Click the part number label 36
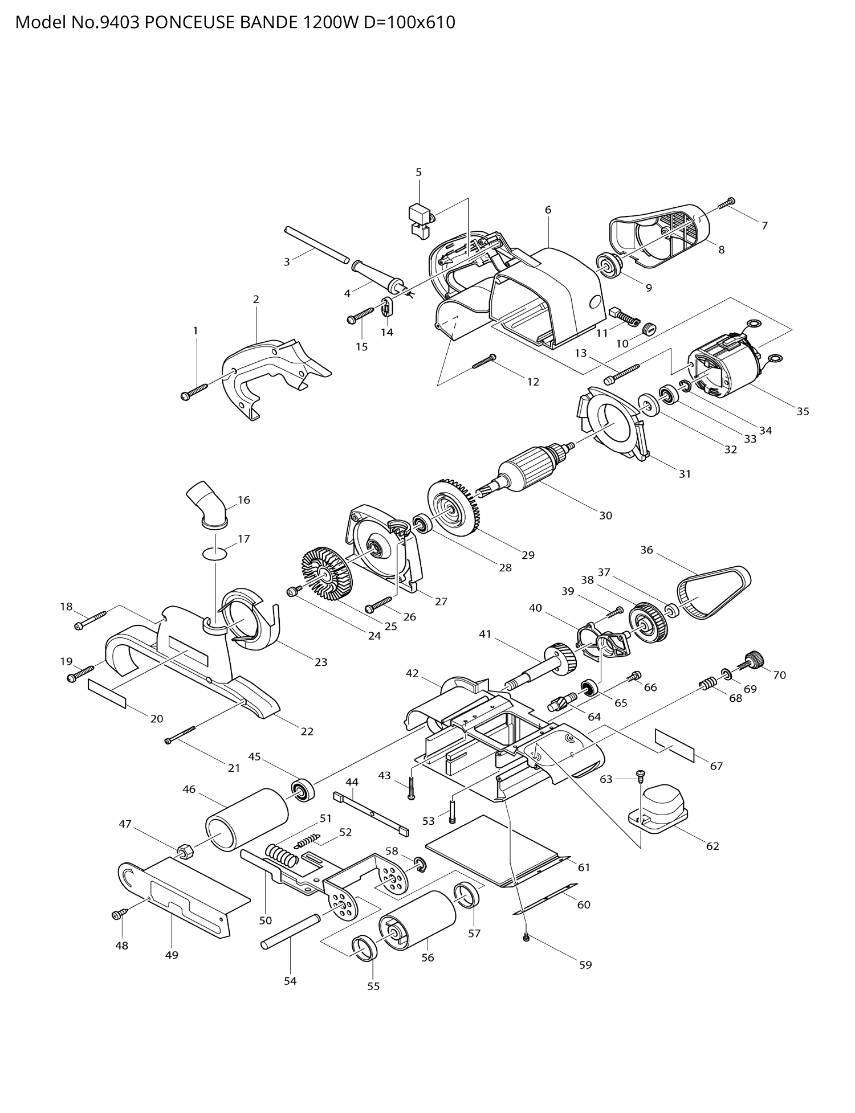[x=646, y=550]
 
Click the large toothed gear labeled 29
[x=453, y=509]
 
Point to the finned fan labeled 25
[x=326, y=574]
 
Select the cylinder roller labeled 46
[x=246, y=820]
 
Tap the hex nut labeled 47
[x=185, y=852]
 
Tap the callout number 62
[x=712, y=846]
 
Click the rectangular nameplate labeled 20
[x=107, y=693]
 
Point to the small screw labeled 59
[x=526, y=938]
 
